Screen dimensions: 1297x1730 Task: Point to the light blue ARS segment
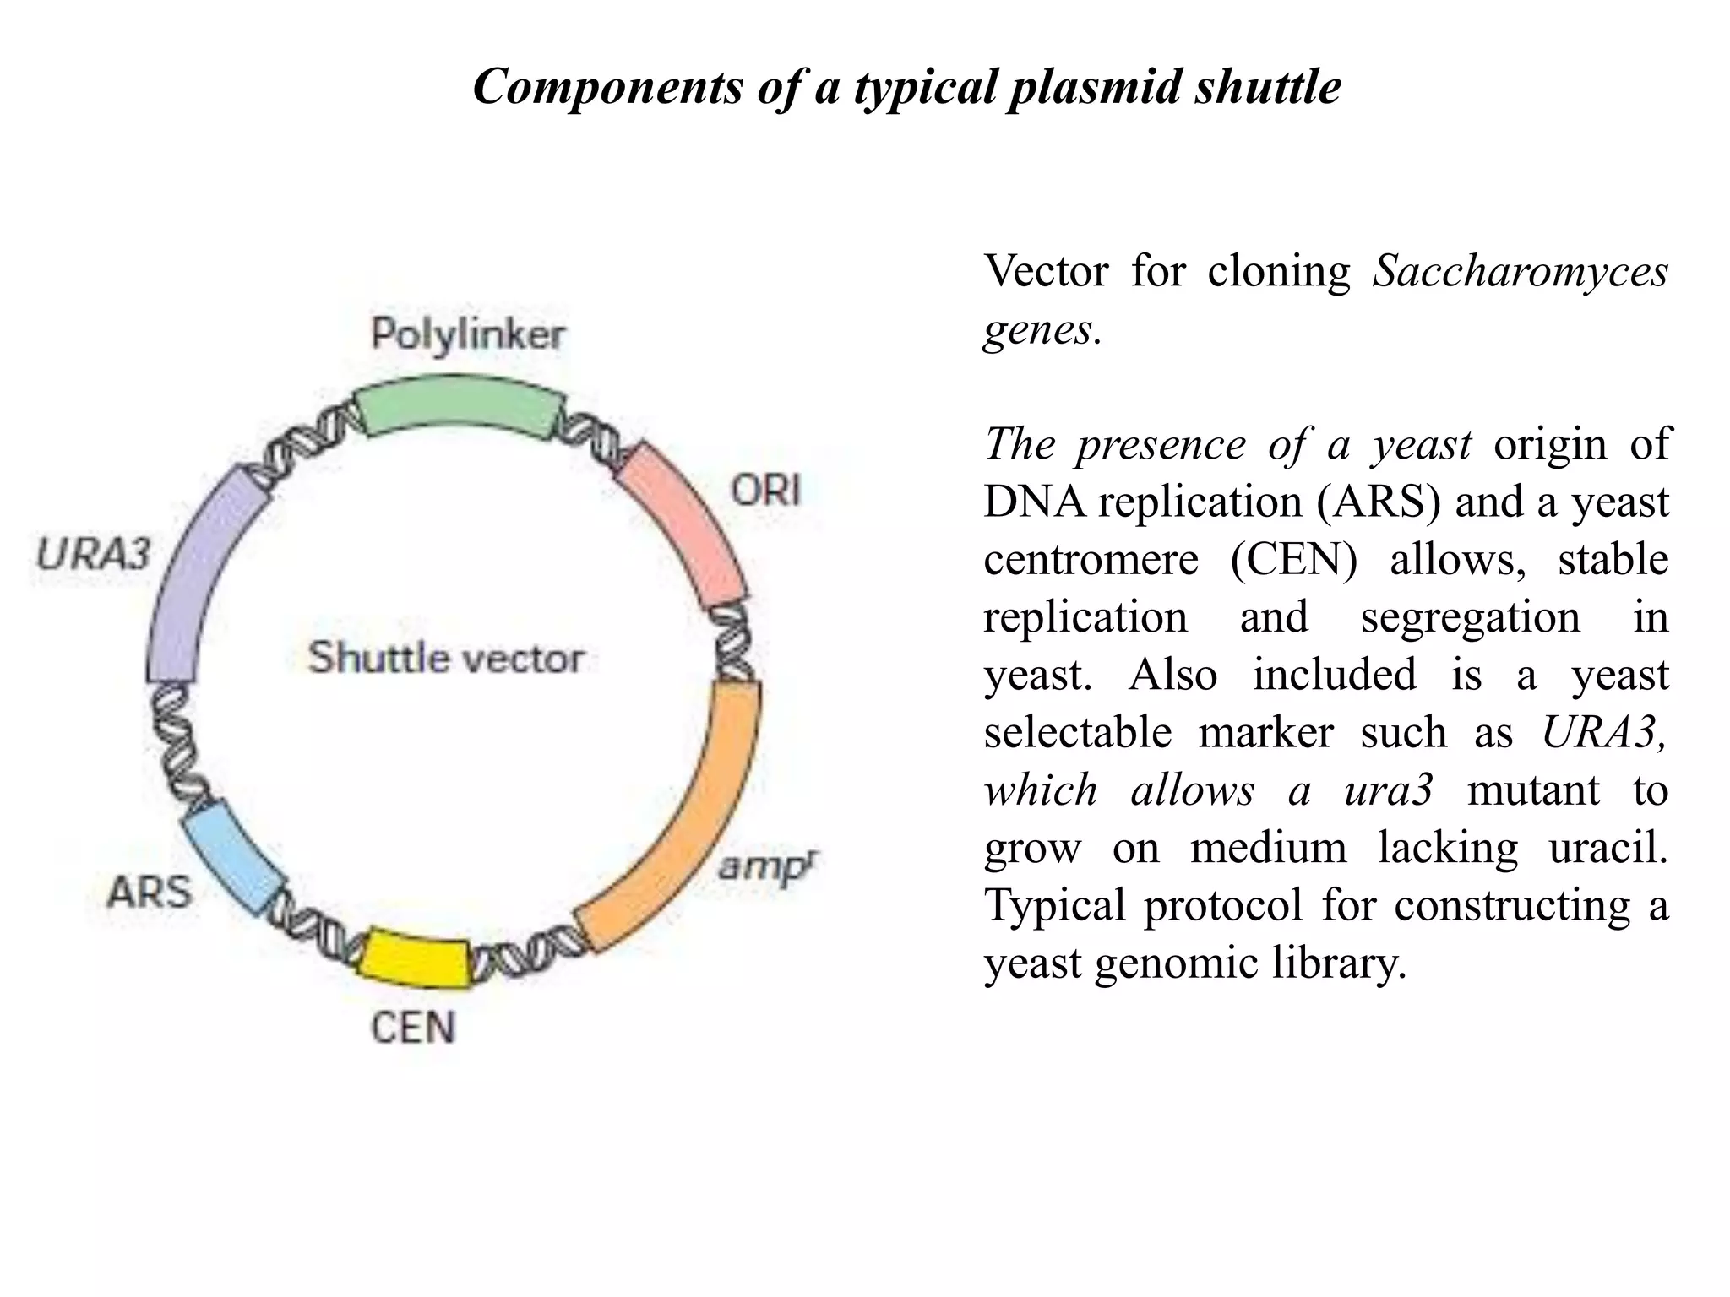pyautogui.click(x=233, y=857)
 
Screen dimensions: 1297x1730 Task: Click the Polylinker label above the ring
pyautogui.click(x=468, y=335)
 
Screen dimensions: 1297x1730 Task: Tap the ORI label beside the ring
pyautogui.click(x=765, y=490)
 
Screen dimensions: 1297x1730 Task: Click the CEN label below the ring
pyautogui.click(x=413, y=1028)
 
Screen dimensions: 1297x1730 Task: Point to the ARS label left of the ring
pyautogui.click(x=150, y=892)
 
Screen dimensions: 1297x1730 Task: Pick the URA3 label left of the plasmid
pyautogui.click(x=93, y=555)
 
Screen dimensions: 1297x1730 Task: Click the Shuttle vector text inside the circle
pyautogui.click(x=445, y=658)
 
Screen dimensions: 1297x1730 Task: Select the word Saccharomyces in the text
pyautogui.click(x=1520, y=271)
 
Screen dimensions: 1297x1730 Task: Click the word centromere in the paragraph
pyautogui.click(x=1091, y=559)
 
